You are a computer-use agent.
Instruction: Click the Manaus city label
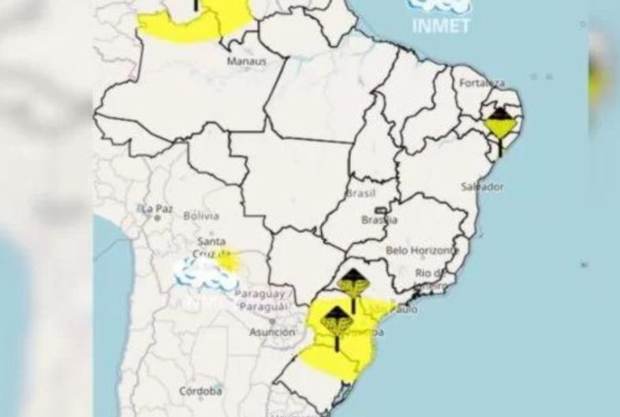click(x=246, y=61)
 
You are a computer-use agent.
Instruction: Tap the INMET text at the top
click(x=441, y=26)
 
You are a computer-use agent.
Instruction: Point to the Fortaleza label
click(x=484, y=83)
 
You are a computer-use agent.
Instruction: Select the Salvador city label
click(x=482, y=187)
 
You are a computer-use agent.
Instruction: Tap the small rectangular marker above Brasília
click(x=382, y=210)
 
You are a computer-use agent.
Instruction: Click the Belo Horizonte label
click(x=421, y=250)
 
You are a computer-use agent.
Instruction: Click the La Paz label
click(x=156, y=208)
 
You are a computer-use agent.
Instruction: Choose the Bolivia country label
click(x=200, y=215)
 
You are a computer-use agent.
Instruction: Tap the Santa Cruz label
click(x=211, y=247)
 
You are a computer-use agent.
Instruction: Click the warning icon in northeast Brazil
click(x=499, y=126)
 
